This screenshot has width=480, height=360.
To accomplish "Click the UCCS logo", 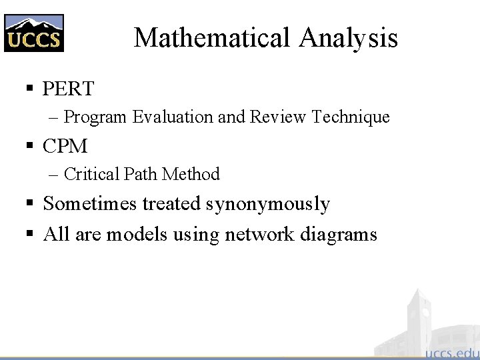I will (33, 33).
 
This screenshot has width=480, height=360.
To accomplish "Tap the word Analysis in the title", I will (348, 38).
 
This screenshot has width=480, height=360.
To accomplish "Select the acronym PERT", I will (68, 88).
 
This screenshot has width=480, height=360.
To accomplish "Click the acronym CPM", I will (65, 145).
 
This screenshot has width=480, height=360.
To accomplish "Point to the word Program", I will (95, 117).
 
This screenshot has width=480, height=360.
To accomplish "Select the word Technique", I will (351, 117).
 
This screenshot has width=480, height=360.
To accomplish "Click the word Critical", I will (92, 175).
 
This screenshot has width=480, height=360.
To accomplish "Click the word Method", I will (191, 175).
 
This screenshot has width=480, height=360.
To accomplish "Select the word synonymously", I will (268, 204).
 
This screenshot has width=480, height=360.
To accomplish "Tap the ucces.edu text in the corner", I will (451, 351).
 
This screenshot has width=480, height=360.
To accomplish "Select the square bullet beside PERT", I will (29, 89).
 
